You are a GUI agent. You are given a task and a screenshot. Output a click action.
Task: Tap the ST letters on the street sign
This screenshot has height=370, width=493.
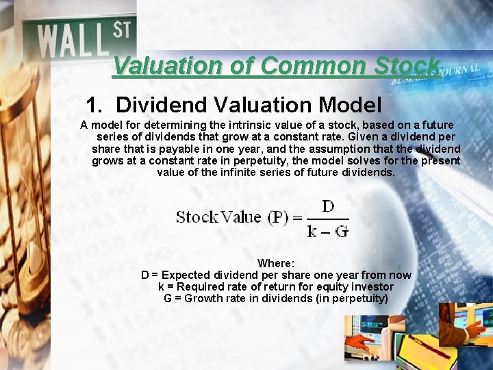coord(121,29)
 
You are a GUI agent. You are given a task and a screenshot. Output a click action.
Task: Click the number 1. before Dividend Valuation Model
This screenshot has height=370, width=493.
coord(95,105)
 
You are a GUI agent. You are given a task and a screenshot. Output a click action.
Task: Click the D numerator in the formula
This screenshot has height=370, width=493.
coord(327,206)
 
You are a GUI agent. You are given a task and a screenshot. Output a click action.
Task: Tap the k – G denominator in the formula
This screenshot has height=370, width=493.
coord(327,231)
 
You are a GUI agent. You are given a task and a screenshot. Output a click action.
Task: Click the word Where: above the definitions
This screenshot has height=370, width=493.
coord(276,263)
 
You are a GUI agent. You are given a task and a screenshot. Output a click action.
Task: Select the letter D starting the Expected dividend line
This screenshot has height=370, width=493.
coord(145,275)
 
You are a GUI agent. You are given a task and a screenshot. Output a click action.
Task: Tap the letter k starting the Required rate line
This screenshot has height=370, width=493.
coord(161,286)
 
